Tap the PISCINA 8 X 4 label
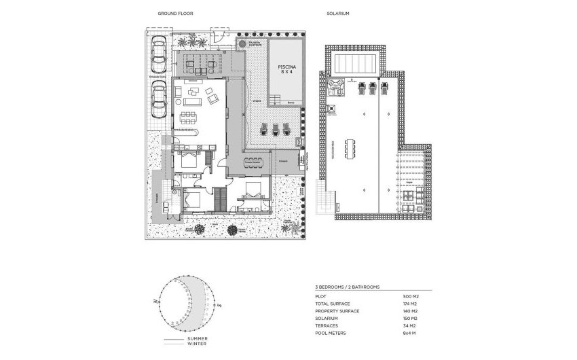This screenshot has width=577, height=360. pyautogui.click(x=286, y=69)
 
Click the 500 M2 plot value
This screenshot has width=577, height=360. pyautogui.click(x=411, y=297)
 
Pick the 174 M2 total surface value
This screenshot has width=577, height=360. pyautogui.click(x=411, y=304)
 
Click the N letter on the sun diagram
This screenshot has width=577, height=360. pyautogui.click(x=155, y=300)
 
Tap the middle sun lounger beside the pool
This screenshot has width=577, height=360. pyautogui.click(x=276, y=129)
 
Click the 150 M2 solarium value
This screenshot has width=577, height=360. pyautogui.click(x=411, y=318)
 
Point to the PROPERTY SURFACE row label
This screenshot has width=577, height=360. pyautogui.click(x=338, y=311)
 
